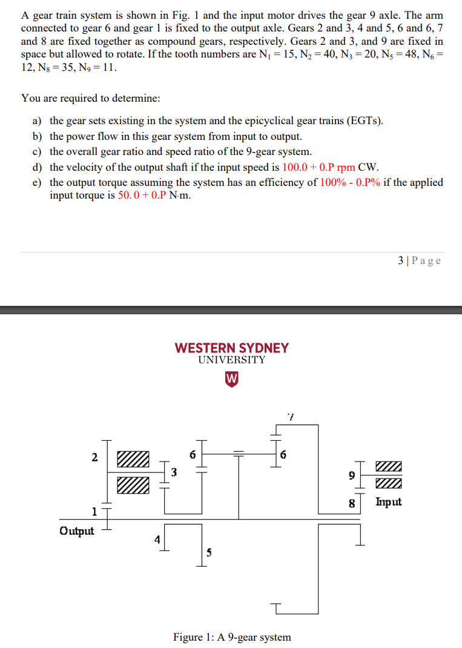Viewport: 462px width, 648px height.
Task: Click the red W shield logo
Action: click(x=231, y=379)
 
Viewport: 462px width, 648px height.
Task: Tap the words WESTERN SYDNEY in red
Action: click(x=231, y=348)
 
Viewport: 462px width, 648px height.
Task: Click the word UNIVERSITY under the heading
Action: click(x=231, y=360)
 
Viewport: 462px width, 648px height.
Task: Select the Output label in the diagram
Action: click(x=77, y=531)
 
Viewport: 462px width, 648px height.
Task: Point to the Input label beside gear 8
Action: click(x=389, y=501)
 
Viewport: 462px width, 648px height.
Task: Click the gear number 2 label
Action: click(x=94, y=457)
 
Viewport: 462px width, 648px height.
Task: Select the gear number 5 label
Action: click(x=209, y=552)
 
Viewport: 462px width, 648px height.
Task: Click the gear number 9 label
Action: click(x=351, y=475)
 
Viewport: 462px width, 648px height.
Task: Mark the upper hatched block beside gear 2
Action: click(x=133, y=458)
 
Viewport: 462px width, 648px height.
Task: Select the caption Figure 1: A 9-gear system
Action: click(x=232, y=637)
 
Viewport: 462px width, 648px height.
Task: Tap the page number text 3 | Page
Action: click(x=420, y=261)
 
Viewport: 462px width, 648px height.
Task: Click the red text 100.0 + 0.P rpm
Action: click(x=319, y=167)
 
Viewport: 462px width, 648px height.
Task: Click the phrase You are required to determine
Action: click(x=91, y=98)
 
